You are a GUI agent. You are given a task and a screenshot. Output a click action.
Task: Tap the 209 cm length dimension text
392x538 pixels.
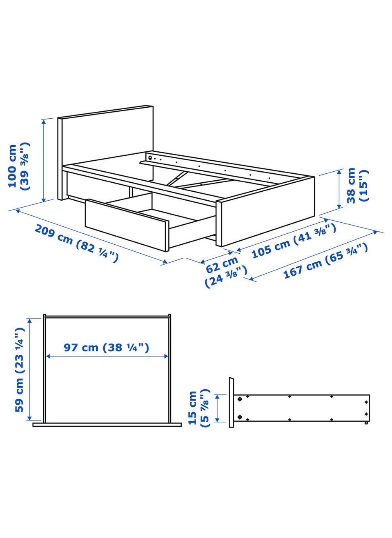(x=76, y=243)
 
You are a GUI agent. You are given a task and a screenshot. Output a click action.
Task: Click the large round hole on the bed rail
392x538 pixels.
(x=150, y=158)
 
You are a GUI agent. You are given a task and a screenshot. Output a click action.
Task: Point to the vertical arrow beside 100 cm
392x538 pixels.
(x=44, y=161)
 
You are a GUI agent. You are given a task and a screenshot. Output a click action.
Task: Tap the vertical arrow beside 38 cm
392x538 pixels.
(x=339, y=189)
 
